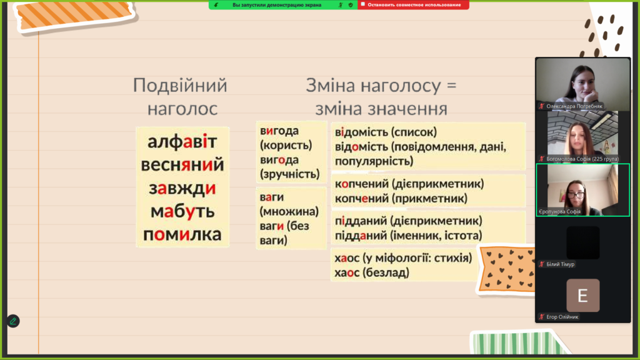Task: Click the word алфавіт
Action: (x=182, y=142)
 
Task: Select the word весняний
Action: (x=182, y=165)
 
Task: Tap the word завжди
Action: (x=182, y=188)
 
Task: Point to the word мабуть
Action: (x=182, y=211)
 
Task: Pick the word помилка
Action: (x=182, y=235)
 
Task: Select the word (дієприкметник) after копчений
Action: (x=438, y=184)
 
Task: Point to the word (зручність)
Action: (x=290, y=174)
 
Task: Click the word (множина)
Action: (x=289, y=211)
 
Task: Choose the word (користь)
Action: (x=286, y=145)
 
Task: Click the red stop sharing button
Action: (x=414, y=5)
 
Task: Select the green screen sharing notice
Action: (x=283, y=5)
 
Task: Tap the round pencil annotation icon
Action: (x=13, y=321)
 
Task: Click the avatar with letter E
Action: (x=583, y=295)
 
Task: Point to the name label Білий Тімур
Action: (x=561, y=264)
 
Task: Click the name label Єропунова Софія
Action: (x=559, y=211)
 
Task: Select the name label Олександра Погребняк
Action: (x=574, y=106)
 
